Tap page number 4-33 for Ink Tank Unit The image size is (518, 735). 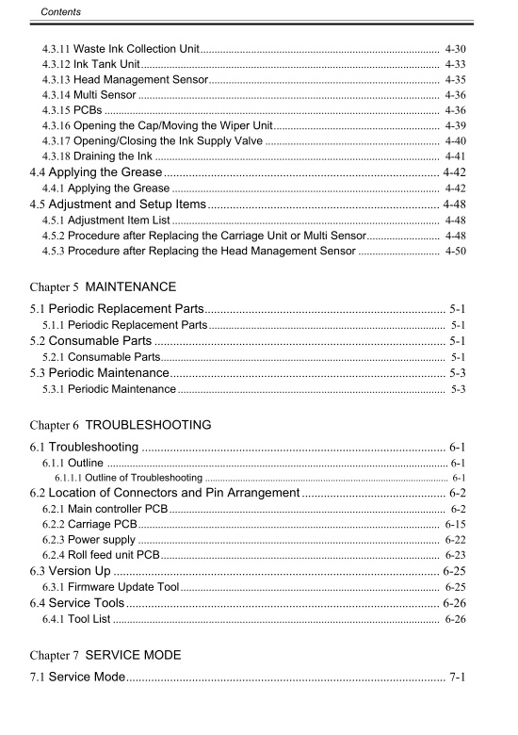[455, 63]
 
